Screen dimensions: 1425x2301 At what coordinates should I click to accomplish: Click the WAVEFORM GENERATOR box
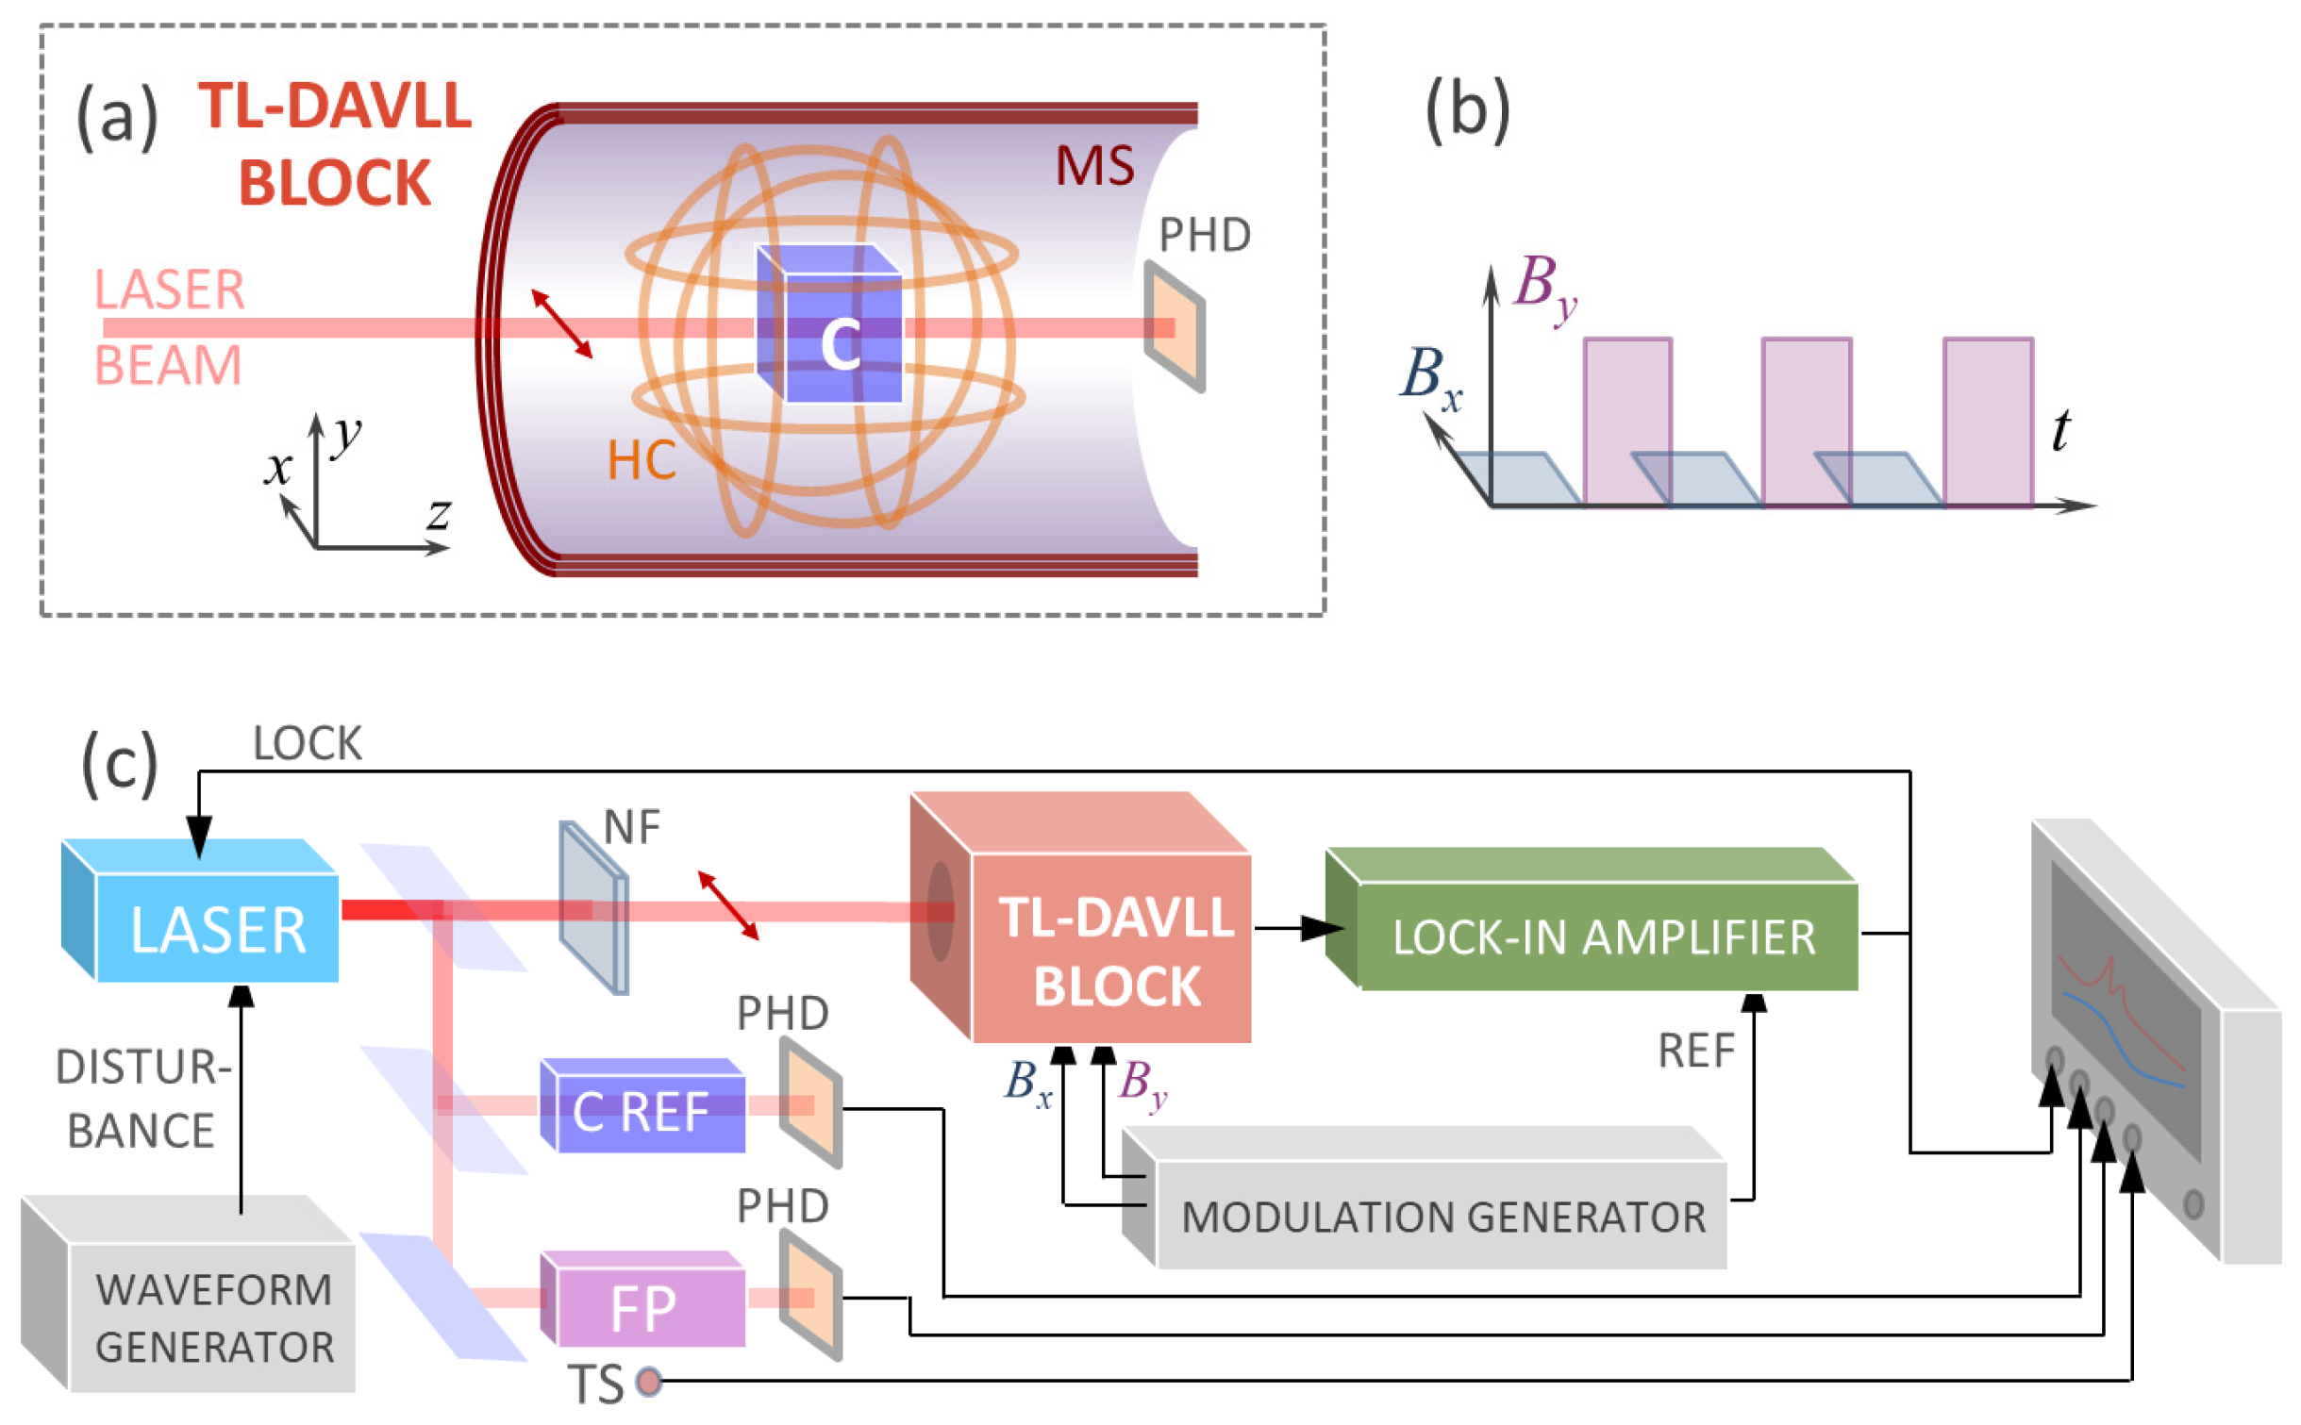[x=212, y=1316]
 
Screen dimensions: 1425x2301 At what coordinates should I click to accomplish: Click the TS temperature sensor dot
[x=648, y=1382]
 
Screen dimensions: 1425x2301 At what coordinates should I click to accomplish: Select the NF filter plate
[x=592, y=907]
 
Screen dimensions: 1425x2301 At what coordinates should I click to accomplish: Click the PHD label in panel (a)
[x=1204, y=235]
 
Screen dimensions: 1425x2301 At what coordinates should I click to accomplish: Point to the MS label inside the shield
[x=1093, y=166]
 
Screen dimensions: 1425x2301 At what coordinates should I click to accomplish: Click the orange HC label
[x=641, y=461]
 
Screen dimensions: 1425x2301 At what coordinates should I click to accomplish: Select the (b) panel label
[x=1466, y=111]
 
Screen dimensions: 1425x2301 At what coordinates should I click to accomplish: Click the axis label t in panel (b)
[x=2060, y=431]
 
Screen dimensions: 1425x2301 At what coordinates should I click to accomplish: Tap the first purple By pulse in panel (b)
[x=1627, y=420]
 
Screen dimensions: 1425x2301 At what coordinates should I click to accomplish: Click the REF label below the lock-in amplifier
[x=1695, y=1051]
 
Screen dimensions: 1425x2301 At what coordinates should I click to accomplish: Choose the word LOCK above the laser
[x=307, y=744]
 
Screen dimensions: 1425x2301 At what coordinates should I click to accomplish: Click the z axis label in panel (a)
[x=439, y=515]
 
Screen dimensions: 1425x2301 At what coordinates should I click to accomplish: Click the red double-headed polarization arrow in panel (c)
[x=727, y=904]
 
